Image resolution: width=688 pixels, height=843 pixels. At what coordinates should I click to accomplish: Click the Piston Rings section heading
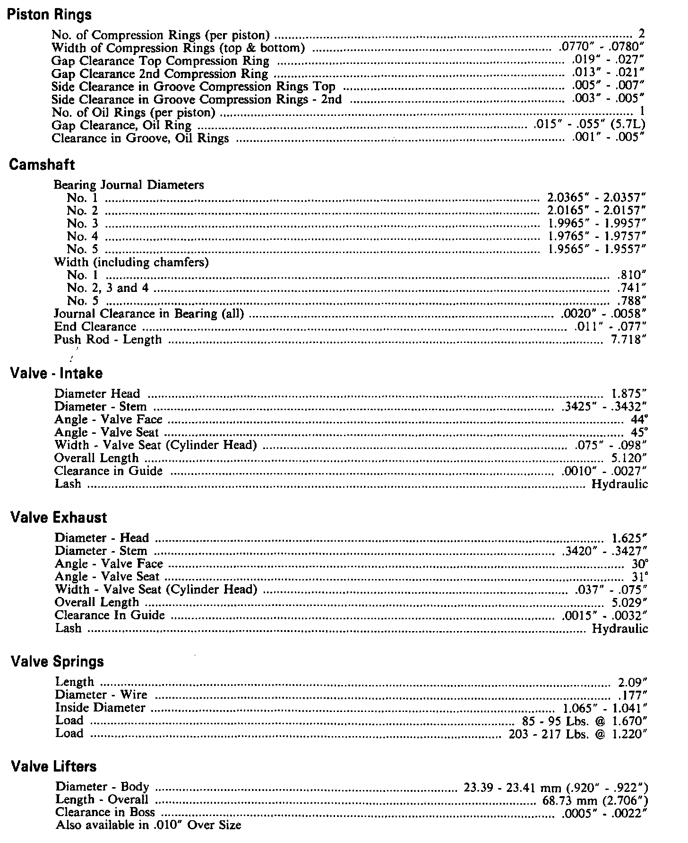point(50,15)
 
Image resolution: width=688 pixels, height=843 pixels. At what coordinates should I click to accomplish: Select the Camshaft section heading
point(43,165)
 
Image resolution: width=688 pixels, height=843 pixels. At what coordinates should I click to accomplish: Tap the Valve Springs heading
point(57,661)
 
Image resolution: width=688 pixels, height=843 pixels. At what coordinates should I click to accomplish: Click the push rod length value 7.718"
point(628,340)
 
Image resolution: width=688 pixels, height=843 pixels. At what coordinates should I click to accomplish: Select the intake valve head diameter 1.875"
point(629,394)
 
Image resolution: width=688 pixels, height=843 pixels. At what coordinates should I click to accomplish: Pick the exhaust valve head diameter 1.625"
point(629,538)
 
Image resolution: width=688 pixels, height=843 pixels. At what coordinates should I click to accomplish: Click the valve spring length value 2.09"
point(632,682)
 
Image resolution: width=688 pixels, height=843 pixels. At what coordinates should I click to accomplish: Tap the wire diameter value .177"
point(632,695)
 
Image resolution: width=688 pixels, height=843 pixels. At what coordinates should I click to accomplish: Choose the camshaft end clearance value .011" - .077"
point(610,327)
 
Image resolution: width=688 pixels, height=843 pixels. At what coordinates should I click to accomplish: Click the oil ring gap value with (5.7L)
point(589,125)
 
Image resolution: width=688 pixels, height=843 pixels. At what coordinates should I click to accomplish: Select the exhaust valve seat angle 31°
point(640,577)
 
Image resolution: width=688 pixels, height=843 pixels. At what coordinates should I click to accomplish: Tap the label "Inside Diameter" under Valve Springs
point(100,708)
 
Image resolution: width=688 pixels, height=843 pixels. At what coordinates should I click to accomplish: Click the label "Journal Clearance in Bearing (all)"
point(149,314)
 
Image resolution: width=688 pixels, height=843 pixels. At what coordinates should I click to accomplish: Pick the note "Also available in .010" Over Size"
point(148,825)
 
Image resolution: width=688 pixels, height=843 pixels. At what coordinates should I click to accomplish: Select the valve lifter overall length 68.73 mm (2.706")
point(595,799)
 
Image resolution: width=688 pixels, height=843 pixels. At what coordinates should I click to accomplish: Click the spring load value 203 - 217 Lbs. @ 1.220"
point(577,734)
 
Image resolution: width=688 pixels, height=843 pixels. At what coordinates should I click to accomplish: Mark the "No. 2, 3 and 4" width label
point(108,288)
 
